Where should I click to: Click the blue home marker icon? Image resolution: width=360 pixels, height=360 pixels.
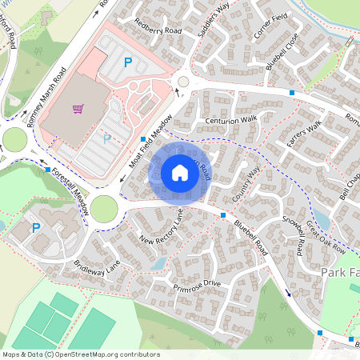[x=180, y=172]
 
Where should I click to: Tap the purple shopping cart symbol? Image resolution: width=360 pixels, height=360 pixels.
[x=78, y=110]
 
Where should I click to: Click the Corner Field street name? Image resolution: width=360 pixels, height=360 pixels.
[x=270, y=22]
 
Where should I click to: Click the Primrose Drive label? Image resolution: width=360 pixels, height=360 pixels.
[x=196, y=285]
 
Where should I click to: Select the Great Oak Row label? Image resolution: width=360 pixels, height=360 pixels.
[x=326, y=238]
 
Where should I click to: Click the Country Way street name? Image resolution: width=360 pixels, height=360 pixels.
[x=246, y=185]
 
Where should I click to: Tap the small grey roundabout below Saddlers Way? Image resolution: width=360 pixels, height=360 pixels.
[x=184, y=81]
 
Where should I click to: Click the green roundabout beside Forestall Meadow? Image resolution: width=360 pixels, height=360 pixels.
[x=104, y=210]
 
